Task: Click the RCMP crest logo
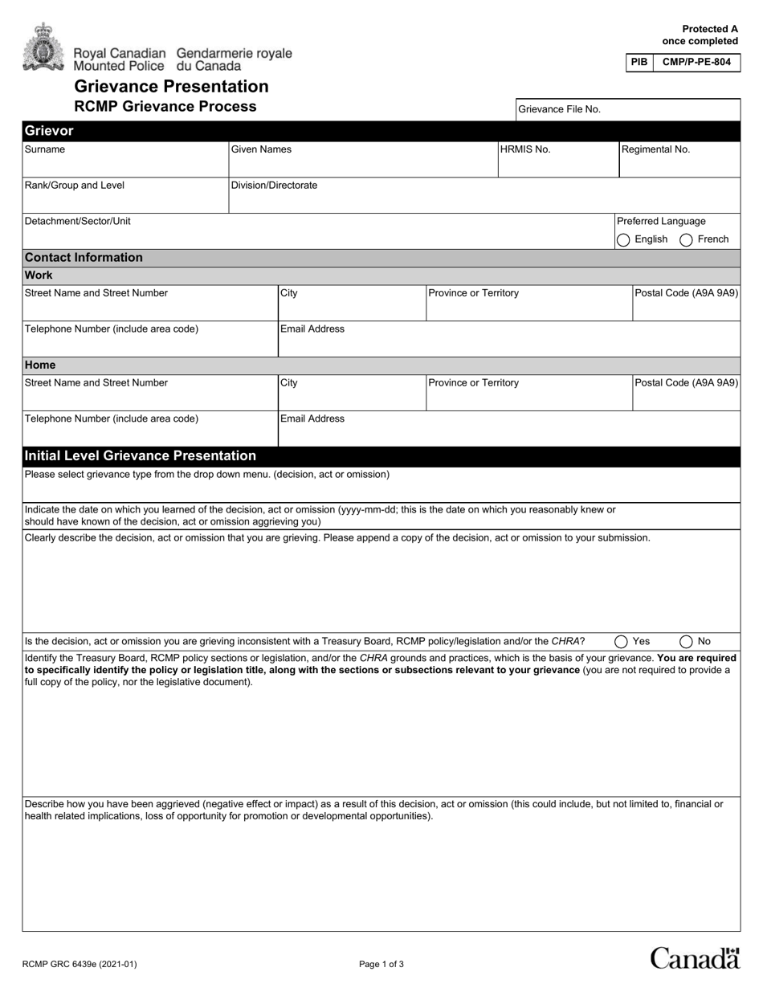[x=43, y=47]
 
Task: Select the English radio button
[x=623, y=239]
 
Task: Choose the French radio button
[x=687, y=239]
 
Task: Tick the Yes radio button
[x=621, y=641]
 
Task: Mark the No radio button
[x=686, y=641]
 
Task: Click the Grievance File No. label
[x=559, y=109]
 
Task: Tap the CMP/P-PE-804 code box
[x=696, y=62]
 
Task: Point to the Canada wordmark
[x=695, y=958]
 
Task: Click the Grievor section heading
[x=49, y=131]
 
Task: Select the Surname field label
[x=45, y=149]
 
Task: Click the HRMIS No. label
[x=525, y=149]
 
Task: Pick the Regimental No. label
[x=655, y=149]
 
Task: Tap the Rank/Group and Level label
[x=75, y=186]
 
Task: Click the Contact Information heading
[x=84, y=258]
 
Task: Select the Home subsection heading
[x=40, y=365]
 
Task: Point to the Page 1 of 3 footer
[x=381, y=965]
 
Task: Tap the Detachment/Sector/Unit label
[x=78, y=221]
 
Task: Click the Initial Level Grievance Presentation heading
[x=141, y=456]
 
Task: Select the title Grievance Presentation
[x=171, y=87]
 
